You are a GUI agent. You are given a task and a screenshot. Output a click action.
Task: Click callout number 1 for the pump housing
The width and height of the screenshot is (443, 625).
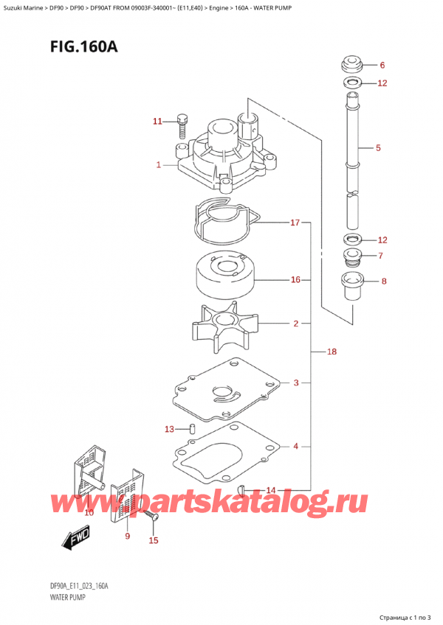coord(159,166)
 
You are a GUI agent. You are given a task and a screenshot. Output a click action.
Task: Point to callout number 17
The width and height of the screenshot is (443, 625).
coord(295,222)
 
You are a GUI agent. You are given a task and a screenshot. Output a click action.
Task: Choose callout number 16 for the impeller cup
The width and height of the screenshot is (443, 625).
coord(295,280)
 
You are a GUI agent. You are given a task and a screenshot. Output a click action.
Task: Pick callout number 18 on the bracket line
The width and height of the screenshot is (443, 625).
coord(332,352)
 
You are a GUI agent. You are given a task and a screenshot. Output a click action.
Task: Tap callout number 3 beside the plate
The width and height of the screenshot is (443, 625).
coord(295,383)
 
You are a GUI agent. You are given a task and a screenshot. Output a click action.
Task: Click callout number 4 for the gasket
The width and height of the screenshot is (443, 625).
coord(295,446)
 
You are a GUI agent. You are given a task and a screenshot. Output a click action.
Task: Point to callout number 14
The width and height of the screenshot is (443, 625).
coord(270,490)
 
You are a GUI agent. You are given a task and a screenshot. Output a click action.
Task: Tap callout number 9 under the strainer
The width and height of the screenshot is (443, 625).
coord(127,536)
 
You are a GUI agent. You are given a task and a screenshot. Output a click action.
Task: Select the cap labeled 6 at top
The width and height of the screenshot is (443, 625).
coord(354,63)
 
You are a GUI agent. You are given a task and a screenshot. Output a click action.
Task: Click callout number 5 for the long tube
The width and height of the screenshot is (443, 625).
coord(378,148)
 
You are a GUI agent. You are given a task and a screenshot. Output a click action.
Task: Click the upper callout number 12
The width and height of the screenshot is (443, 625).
coord(382,83)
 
